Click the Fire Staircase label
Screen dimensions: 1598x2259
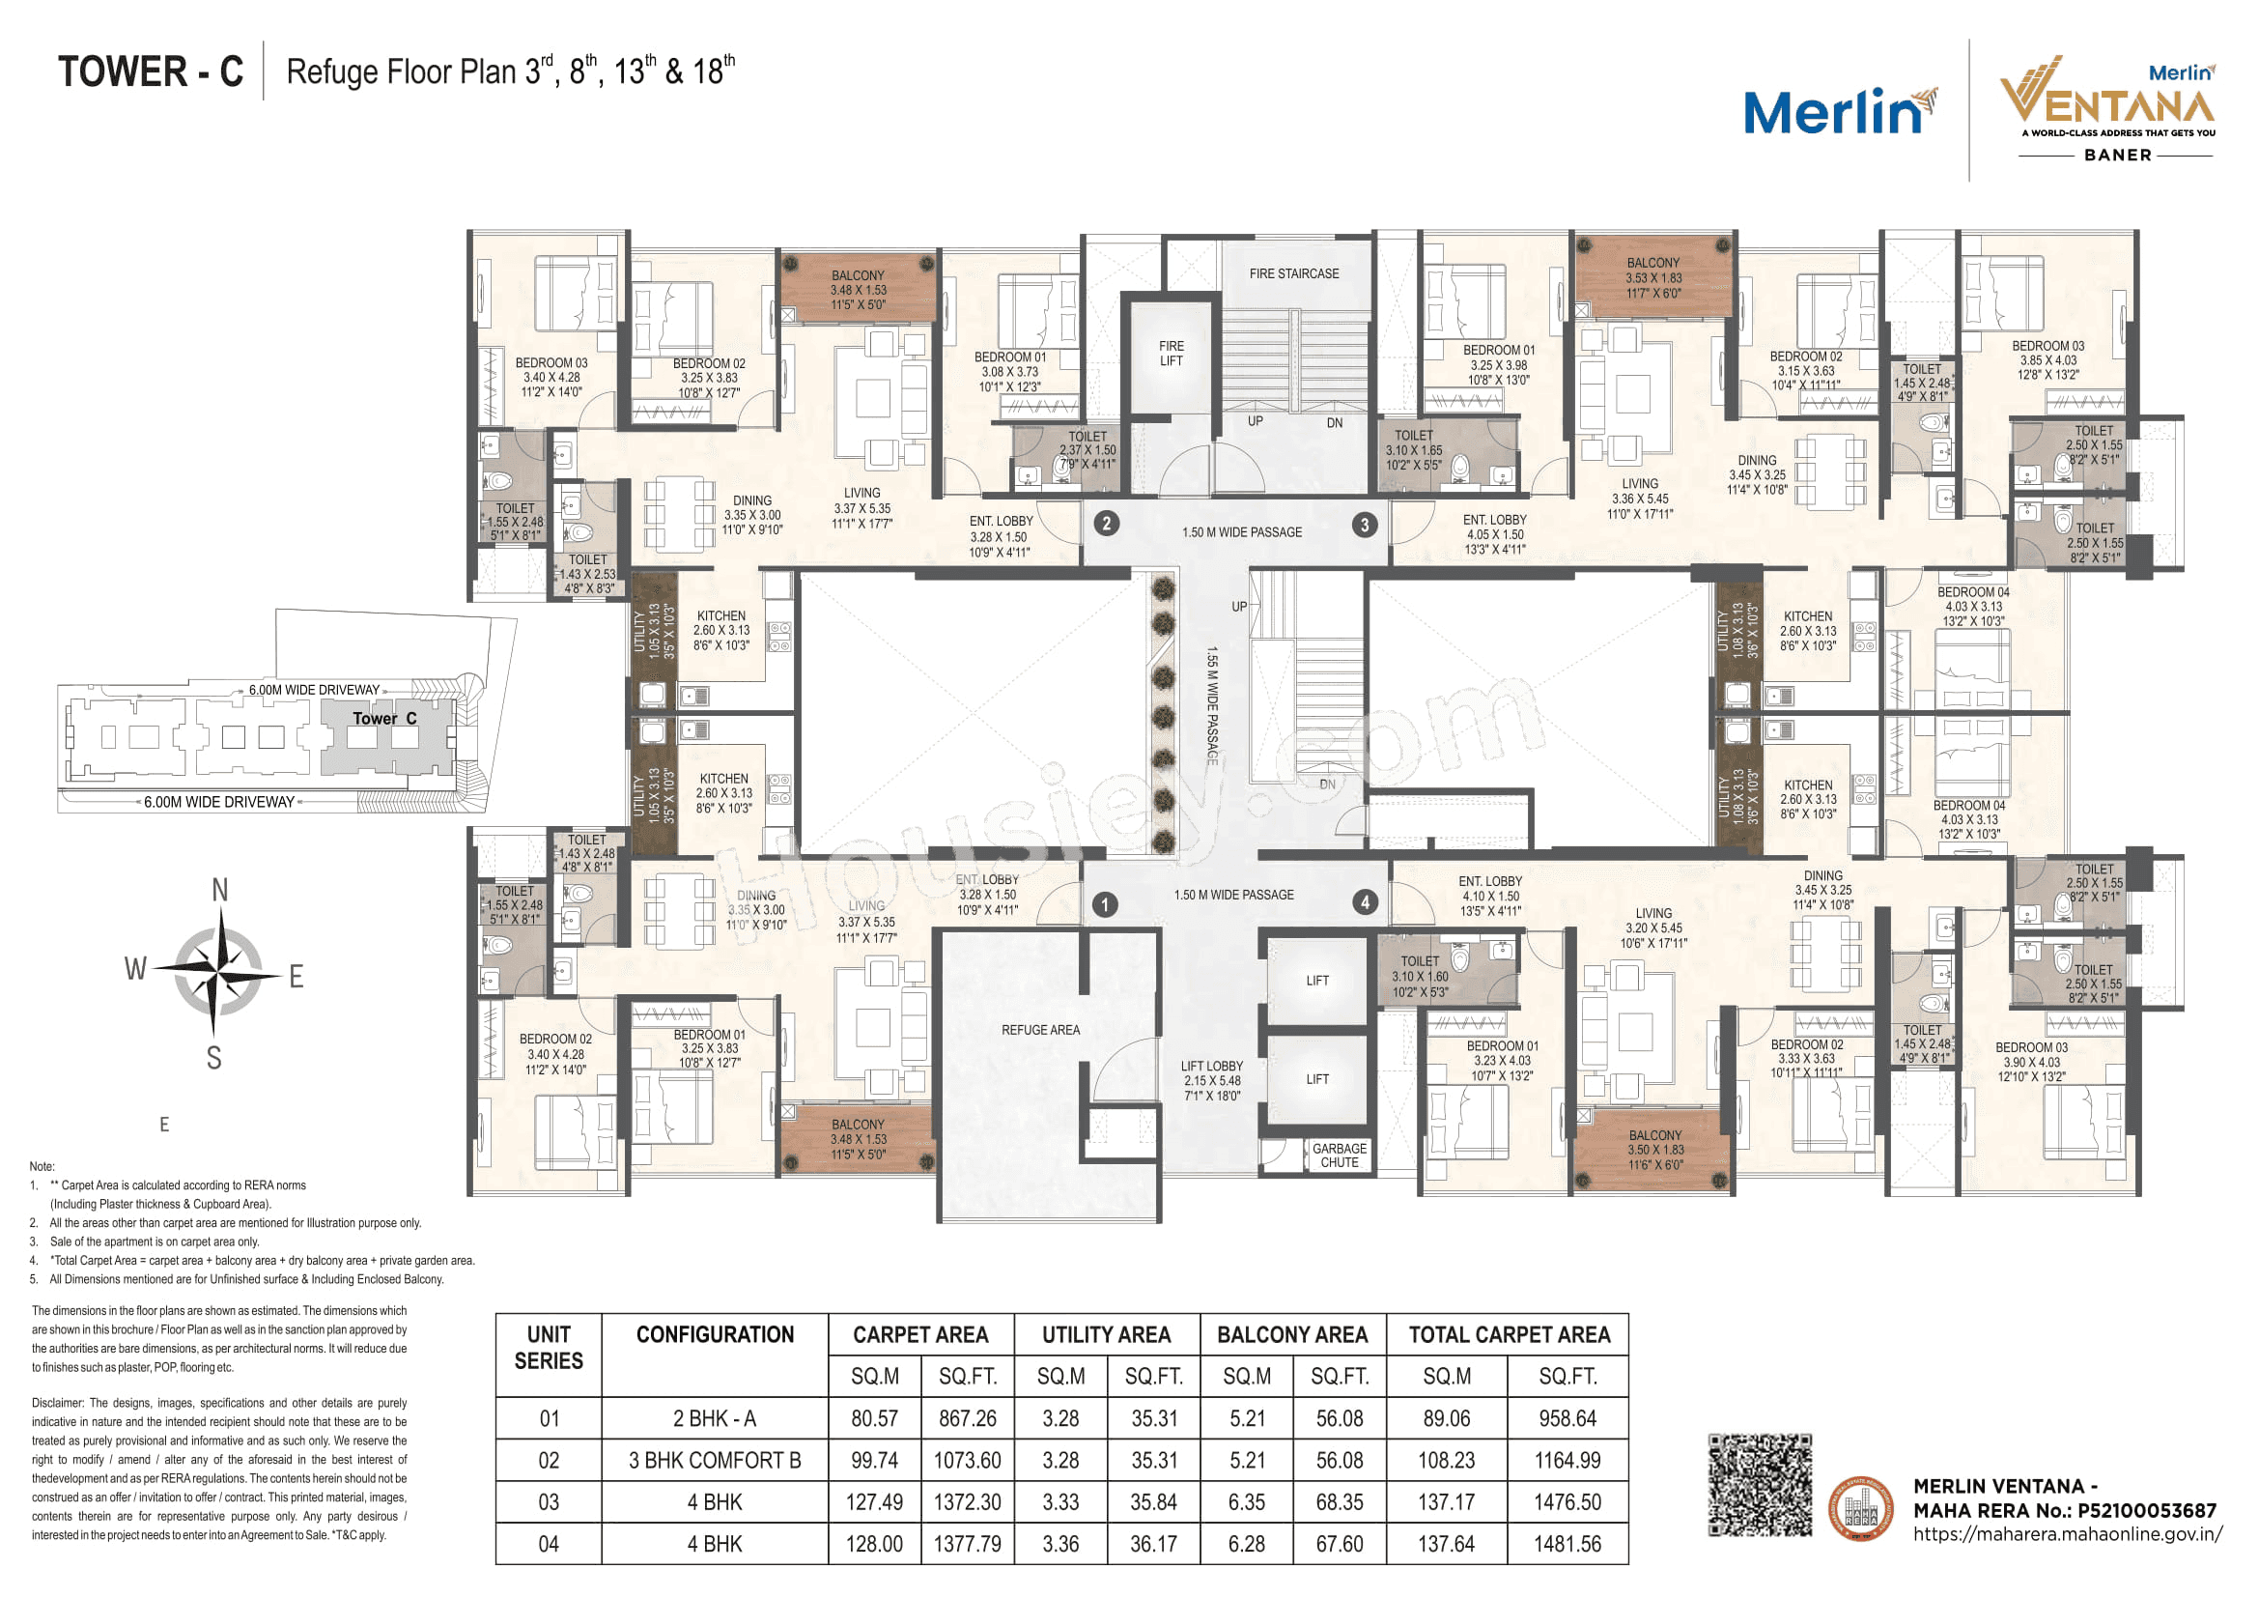pyautogui.click(x=1293, y=273)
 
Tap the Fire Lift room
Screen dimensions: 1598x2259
pyautogui.click(x=1170, y=355)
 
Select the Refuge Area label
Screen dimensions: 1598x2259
pyautogui.click(x=1040, y=1030)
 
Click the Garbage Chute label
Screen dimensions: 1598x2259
pyautogui.click(x=1338, y=1156)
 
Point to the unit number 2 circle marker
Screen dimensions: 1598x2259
pyautogui.click(x=1106, y=524)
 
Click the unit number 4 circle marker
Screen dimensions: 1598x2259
pyautogui.click(x=1365, y=901)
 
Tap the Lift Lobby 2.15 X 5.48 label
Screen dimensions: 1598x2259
pyautogui.click(x=1211, y=1080)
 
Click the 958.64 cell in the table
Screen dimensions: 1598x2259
pyautogui.click(x=1567, y=1419)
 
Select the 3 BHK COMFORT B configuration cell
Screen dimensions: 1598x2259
pyautogui.click(x=715, y=1461)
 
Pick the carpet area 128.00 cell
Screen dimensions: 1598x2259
pyautogui.click(x=874, y=1545)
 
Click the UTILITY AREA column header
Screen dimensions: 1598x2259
pyautogui.click(x=1106, y=1335)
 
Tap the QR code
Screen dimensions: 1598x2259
pyautogui.click(x=1759, y=1485)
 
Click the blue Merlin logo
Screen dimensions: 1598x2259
pyautogui.click(x=1836, y=112)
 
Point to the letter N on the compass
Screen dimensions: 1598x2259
pyautogui.click(x=219, y=891)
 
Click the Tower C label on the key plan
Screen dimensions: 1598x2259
pyautogui.click(x=384, y=718)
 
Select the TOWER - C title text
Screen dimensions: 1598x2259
pyautogui.click(x=151, y=71)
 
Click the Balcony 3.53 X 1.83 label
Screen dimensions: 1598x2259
pyautogui.click(x=1652, y=277)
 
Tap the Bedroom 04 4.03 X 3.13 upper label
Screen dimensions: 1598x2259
pyautogui.click(x=1973, y=606)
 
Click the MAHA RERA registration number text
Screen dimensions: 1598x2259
pyautogui.click(x=2064, y=1510)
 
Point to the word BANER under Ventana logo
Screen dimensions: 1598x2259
pyautogui.click(x=2117, y=156)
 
